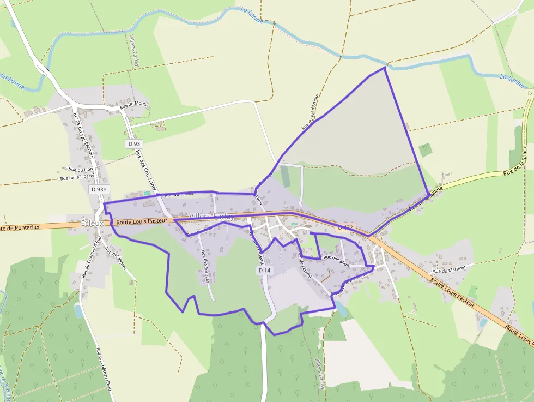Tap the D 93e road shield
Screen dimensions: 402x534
tap(99, 189)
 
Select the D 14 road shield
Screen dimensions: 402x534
tap(264, 271)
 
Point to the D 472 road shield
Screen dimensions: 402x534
tap(345, 227)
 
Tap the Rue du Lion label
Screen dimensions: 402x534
tap(81, 170)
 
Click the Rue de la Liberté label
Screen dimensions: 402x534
tap(77, 177)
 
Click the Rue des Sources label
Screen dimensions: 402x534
tap(205, 262)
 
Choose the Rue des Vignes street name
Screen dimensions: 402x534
tap(116, 259)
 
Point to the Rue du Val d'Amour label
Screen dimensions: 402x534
tap(311, 112)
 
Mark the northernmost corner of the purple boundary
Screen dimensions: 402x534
tap(385, 67)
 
